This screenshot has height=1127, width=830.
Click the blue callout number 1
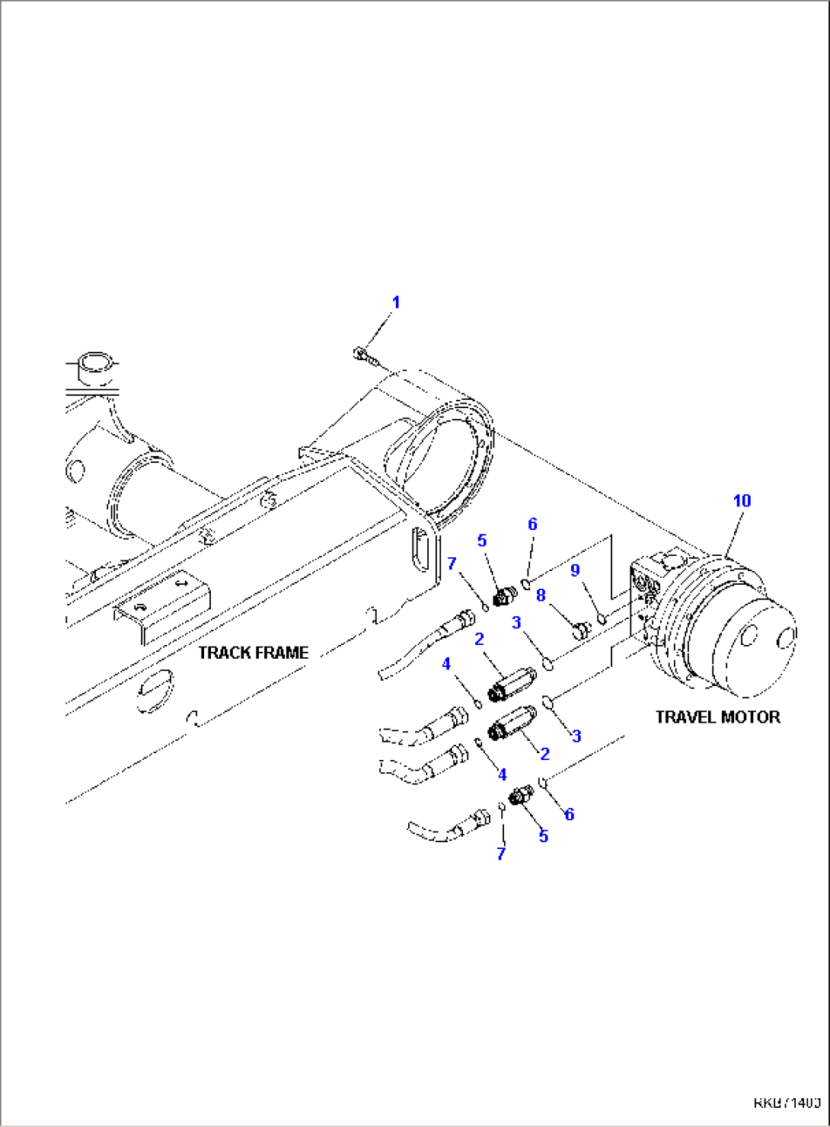click(x=395, y=302)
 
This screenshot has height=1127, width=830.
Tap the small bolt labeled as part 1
click(x=361, y=354)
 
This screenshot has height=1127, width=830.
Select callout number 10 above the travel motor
click(x=742, y=500)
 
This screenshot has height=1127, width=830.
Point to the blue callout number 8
click(x=541, y=595)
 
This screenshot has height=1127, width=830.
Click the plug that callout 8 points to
click(x=581, y=630)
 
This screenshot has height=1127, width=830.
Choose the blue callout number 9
click(x=575, y=570)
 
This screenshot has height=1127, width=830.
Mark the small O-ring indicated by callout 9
click(x=601, y=618)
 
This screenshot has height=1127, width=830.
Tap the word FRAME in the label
click(x=281, y=653)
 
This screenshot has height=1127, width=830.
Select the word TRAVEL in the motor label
click(x=685, y=717)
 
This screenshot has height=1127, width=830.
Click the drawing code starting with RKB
click(x=787, y=1103)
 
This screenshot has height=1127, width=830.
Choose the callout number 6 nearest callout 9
click(x=532, y=524)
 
